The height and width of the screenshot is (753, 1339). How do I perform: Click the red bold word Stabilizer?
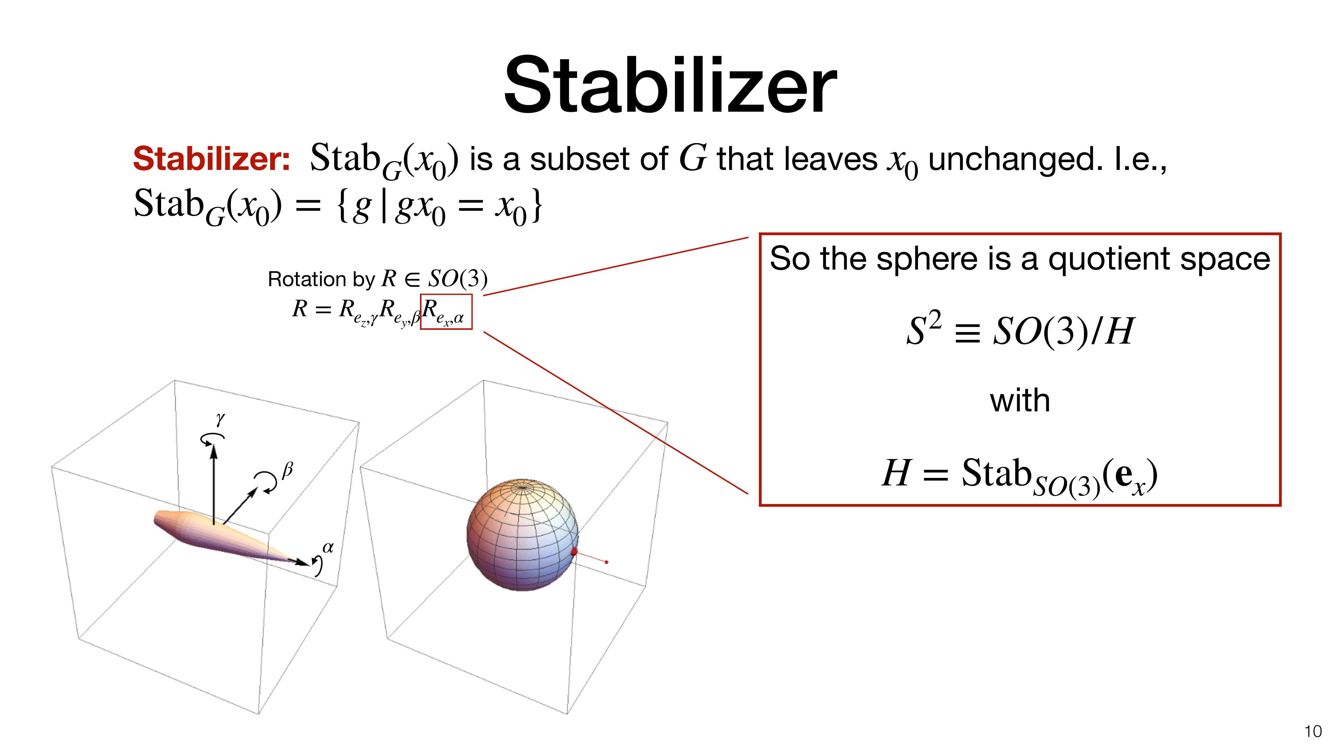coord(212,158)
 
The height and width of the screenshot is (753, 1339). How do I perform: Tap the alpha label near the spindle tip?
coord(328,547)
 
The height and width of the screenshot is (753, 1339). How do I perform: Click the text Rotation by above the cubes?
coord(321,280)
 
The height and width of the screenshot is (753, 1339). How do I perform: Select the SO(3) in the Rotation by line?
coord(457,279)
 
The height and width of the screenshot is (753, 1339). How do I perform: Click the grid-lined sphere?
coord(522,535)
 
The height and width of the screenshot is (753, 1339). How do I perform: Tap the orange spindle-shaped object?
coord(229,537)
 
